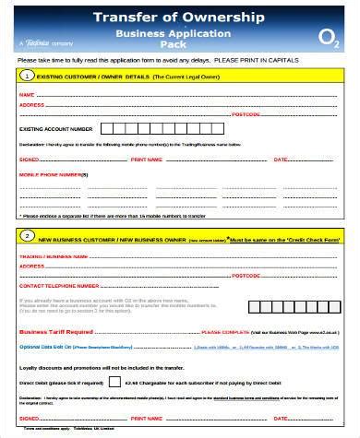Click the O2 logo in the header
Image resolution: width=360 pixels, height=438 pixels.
[327, 38]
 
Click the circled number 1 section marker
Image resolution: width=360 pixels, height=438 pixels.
[29, 76]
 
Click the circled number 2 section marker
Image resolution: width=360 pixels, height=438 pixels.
[29, 235]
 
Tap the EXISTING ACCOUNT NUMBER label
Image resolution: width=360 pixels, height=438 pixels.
[55, 129]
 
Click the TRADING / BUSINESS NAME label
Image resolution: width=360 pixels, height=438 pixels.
[47, 255]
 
